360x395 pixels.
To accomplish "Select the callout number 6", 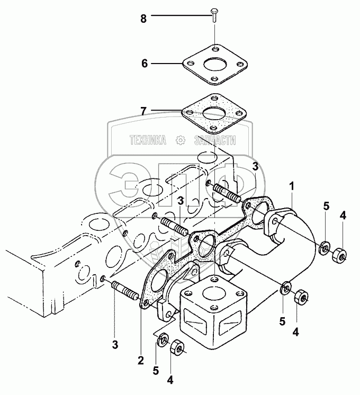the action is (x=143, y=63).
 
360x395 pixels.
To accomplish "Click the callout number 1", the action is (x=291, y=186).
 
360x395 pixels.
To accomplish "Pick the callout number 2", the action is (x=140, y=360).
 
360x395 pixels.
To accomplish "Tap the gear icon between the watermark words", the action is (x=181, y=140).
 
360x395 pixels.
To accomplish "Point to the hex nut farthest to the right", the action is (x=339, y=256).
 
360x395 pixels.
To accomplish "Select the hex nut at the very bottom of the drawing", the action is (x=176, y=347).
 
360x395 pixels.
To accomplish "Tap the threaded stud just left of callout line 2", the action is (x=125, y=291).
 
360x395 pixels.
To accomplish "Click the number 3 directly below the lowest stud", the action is (x=115, y=344).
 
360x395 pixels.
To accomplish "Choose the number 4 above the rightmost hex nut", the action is (x=343, y=215).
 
